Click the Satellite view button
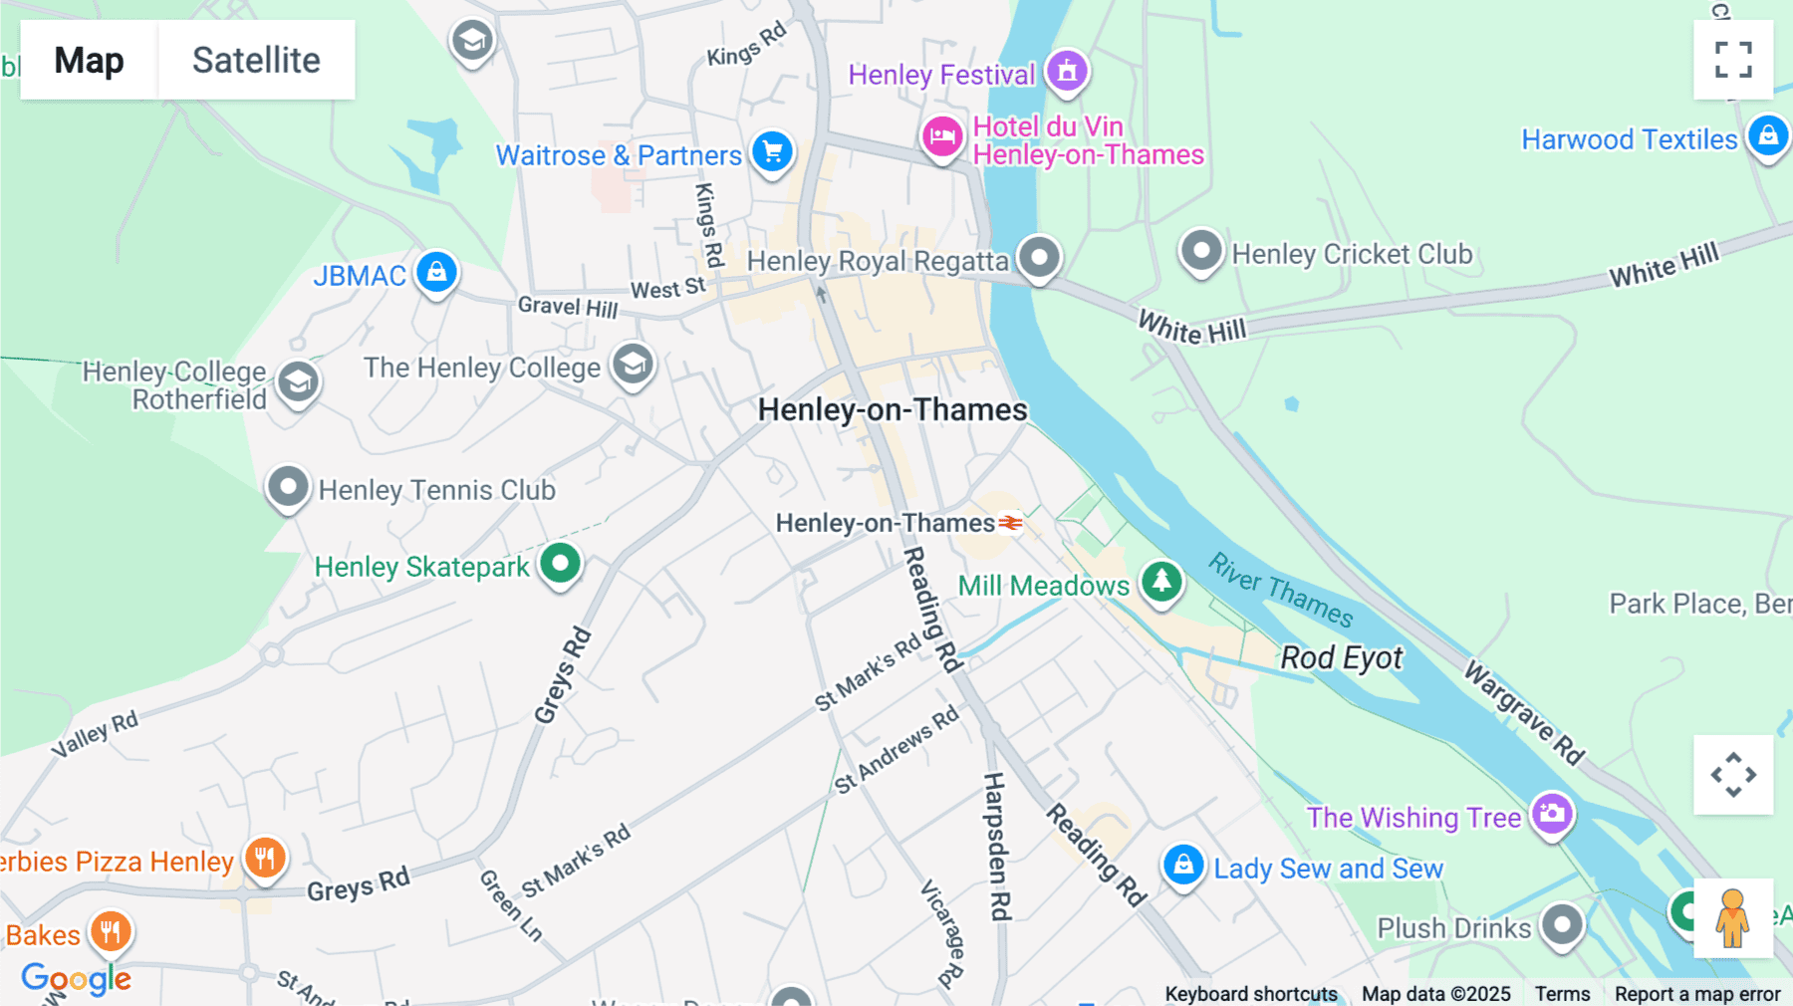[x=256, y=60]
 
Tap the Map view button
[x=89, y=60]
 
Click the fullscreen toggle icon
[x=1733, y=60]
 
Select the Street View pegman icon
[x=1732, y=917]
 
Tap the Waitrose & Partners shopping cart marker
[x=772, y=152]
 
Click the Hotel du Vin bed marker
[x=941, y=136]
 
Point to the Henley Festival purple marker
[x=1067, y=71]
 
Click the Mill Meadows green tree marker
[x=1160, y=581]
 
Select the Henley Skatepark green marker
[x=560, y=564]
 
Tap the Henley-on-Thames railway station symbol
[x=1011, y=523]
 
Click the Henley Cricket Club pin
[x=1200, y=250]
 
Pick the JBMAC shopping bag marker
[x=436, y=272]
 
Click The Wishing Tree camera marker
[x=1551, y=814]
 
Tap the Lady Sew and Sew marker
[x=1183, y=865]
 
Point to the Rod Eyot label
[x=1341, y=657]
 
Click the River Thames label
[x=1281, y=590]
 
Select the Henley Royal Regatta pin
[x=1039, y=257]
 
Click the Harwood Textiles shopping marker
[x=1768, y=135]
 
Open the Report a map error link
[x=1697, y=994]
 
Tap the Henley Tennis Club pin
[x=288, y=487]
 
